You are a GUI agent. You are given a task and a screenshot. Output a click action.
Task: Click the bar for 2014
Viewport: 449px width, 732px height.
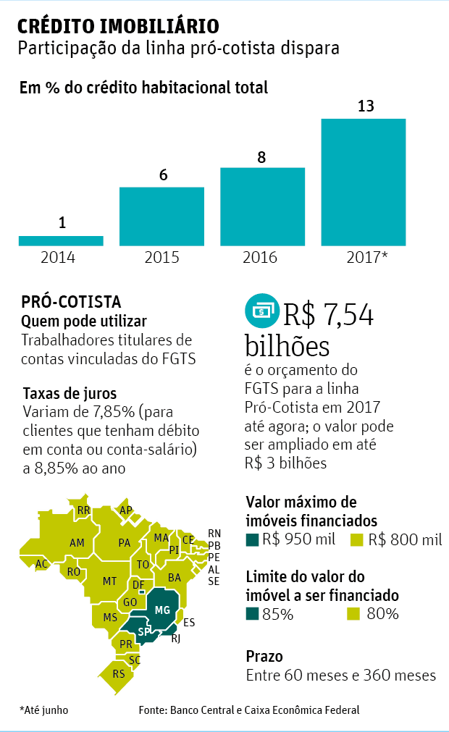[61, 240]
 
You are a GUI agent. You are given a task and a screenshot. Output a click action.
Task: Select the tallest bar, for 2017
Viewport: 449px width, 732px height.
[364, 182]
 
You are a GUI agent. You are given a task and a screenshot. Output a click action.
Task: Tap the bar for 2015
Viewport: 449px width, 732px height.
[161, 216]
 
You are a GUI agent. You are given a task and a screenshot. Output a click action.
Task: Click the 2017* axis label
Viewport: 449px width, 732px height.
[364, 258]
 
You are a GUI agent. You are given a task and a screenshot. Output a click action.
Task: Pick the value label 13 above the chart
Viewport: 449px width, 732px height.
[366, 106]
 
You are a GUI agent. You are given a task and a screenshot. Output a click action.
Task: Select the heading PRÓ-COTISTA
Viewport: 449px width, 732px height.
[71, 302]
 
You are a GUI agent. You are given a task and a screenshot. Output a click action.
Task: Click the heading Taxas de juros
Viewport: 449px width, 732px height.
[70, 394]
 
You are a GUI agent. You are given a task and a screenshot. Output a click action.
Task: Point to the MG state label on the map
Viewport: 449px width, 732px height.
[162, 610]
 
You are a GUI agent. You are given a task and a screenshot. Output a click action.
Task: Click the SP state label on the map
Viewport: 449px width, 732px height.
[144, 631]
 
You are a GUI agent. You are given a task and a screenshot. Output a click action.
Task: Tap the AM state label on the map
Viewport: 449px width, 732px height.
[77, 543]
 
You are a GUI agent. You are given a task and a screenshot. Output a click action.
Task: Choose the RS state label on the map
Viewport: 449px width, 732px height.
[119, 674]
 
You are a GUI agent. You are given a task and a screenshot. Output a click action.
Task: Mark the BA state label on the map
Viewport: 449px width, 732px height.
[175, 578]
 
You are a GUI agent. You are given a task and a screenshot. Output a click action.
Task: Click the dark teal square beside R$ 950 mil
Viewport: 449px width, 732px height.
[252, 539]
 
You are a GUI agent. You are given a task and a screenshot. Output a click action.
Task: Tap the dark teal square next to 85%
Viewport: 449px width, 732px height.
[252, 615]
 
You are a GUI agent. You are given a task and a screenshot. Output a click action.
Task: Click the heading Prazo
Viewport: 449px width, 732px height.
[264, 657]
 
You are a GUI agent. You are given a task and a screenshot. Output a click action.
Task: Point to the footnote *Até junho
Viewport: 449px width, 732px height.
[44, 710]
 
